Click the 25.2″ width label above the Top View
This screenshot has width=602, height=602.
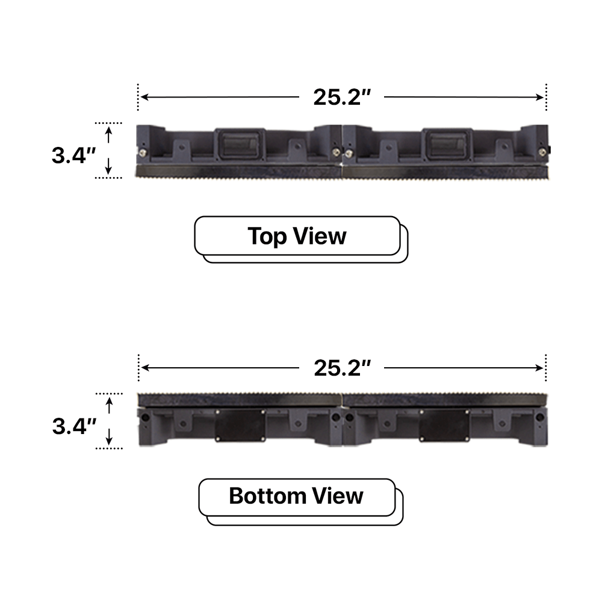pyautogui.click(x=341, y=97)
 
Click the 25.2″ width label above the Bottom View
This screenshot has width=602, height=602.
pyautogui.click(x=341, y=367)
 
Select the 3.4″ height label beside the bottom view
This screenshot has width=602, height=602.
pyautogui.click(x=74, y=426)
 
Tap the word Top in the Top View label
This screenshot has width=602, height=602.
pyautogui.click(x=268, y=236)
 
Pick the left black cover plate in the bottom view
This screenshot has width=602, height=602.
pyautogui.click(x=240, y=425)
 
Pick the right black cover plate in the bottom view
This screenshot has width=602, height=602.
pyautogui.click(x=444, y=425)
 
